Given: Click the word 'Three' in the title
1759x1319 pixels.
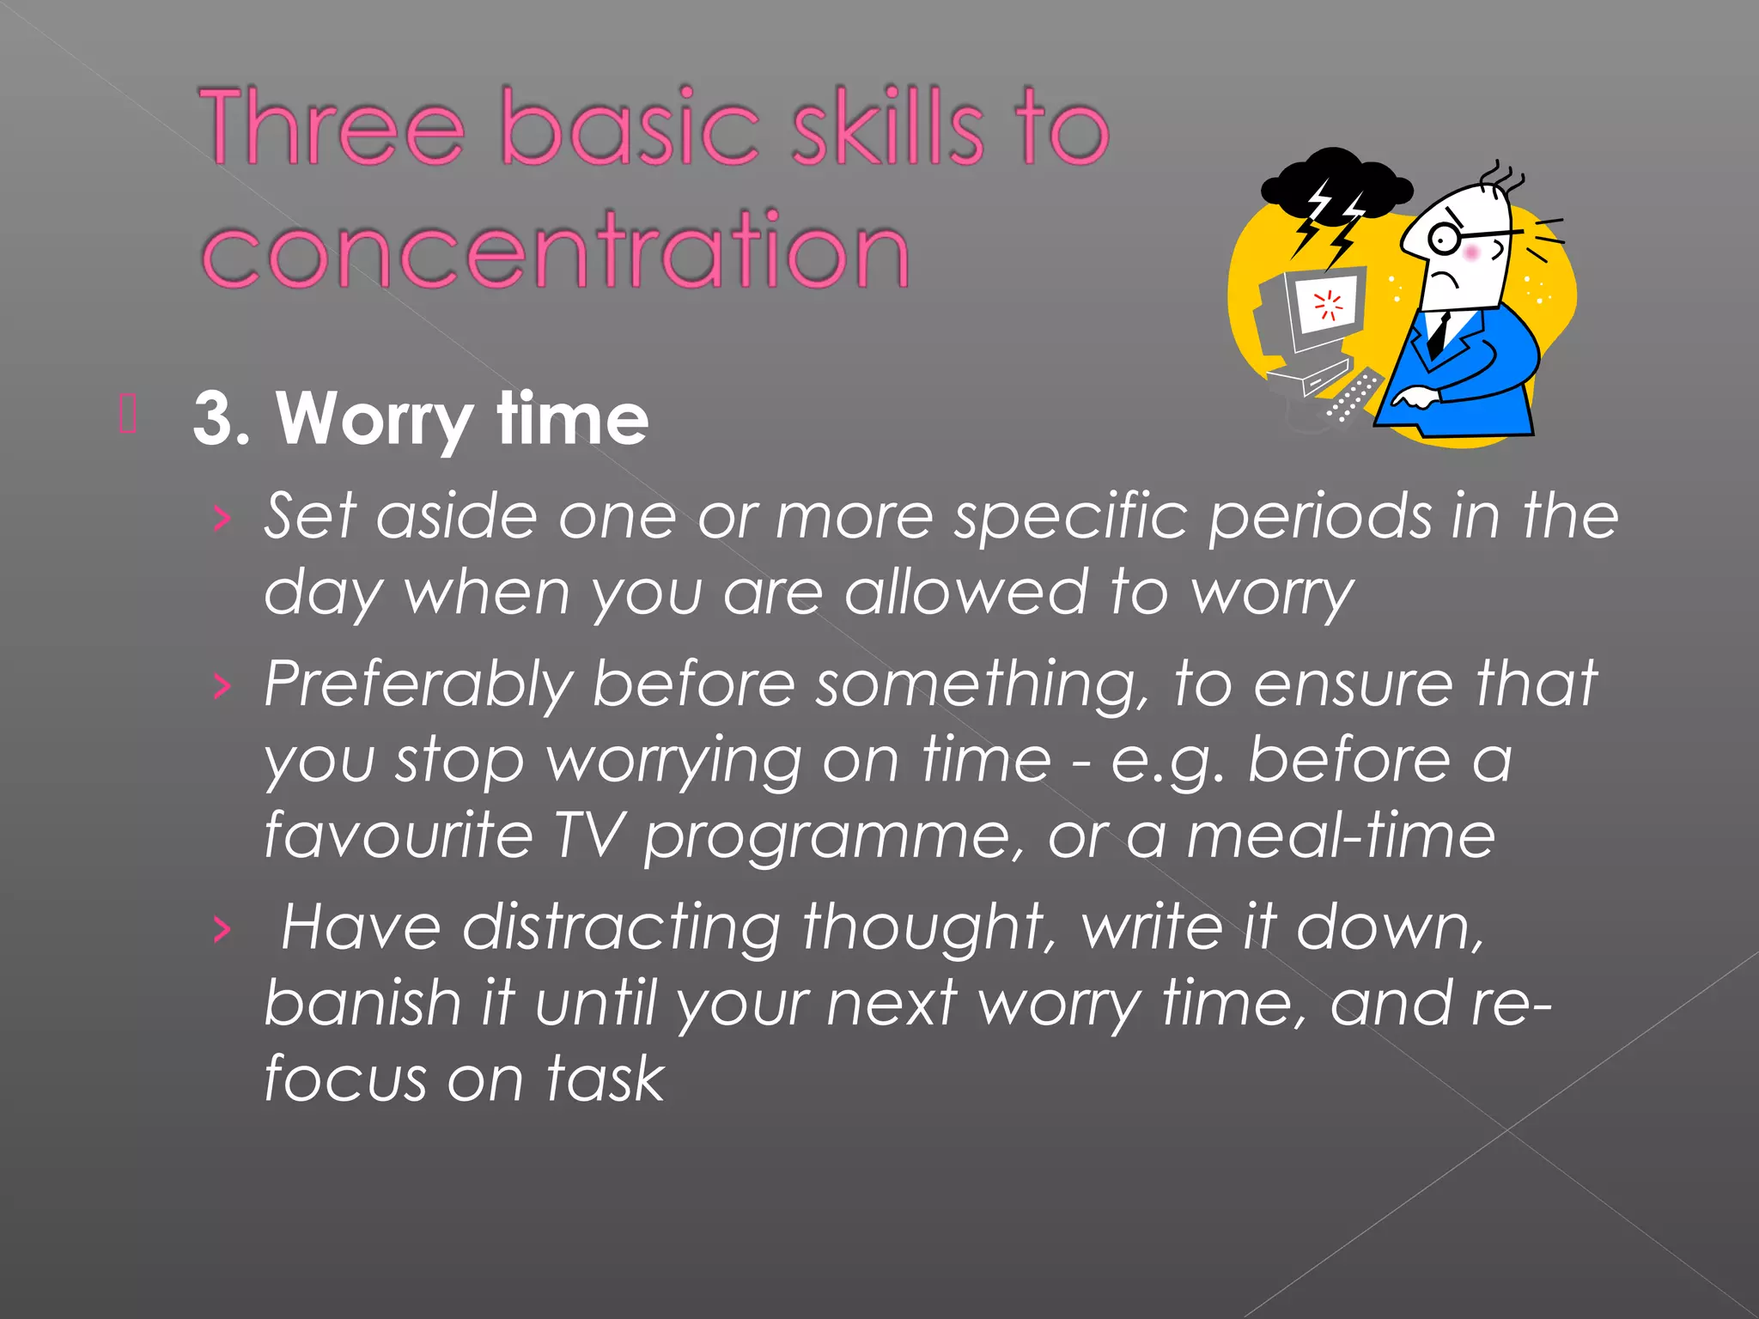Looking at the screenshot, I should (332, 127).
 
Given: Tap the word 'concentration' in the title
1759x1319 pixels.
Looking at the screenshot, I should (555, 250).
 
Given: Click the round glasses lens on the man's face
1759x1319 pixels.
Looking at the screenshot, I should (1445, 238).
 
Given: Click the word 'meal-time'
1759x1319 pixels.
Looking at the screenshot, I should (1341, 835).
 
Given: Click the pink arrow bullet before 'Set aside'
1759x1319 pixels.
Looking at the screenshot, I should (222, 518).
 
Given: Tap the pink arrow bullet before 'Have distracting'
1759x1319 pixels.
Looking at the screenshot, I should (222, 929).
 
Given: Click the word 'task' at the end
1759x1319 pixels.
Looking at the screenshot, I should (606, 1078).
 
